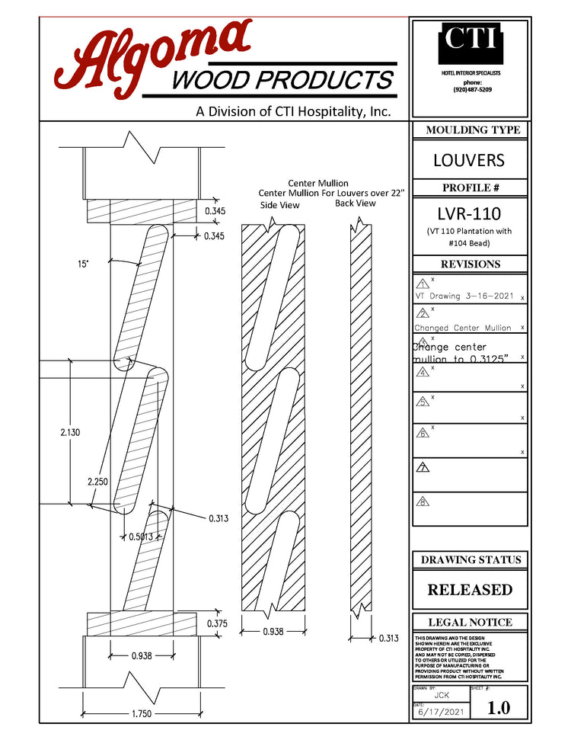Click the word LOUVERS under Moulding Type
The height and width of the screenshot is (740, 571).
pyautogui.click(x=468, y=161)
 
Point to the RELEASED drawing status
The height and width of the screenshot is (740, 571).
pyautogui.click(x=469, y=590)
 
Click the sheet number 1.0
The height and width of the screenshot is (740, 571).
pyautogui.click(x=499, y=707)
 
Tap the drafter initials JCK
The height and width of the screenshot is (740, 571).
pyautogui.click(x=441, y=695)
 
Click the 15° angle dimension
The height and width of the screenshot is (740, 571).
pyautogui.click(x=82, y=264)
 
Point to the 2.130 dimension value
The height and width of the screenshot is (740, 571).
pyautogui.click(x=70, y=433)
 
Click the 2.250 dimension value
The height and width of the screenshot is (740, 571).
pyautogui.click(x=97, y=482)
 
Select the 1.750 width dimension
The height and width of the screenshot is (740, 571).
pyautogui.click(x=141, y=714)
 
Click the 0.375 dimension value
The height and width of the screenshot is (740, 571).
pyautogui.click(x=216, y=623)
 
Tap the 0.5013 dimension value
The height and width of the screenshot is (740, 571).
pyautogui.click(x=142, y=537)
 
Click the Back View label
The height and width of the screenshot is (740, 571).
pyautogui.click(x=356, y=203)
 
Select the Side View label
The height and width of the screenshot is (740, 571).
pyautogui.click(x=280, y=205)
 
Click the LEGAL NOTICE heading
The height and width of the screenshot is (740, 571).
pyautogui.click(x=470, y=623)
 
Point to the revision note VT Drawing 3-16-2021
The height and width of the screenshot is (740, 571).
pyautogui.click(x=464, y=296)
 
